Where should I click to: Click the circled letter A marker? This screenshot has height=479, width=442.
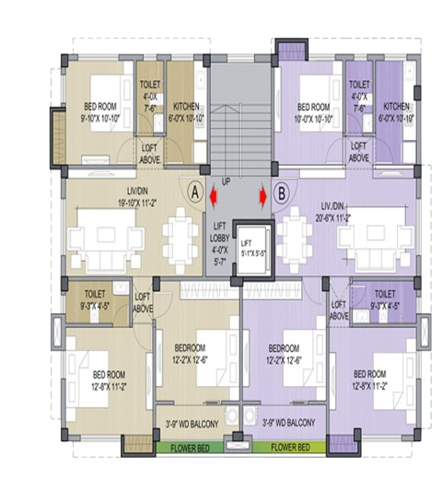[194, 192]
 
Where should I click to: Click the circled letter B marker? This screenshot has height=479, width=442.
[282, 192]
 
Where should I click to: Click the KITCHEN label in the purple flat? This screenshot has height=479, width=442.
[397, 111]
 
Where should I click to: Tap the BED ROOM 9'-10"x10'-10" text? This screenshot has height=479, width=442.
[99, 111]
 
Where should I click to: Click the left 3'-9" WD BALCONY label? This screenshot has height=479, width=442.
[191, 424]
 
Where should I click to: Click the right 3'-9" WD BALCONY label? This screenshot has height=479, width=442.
[288, 424]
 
